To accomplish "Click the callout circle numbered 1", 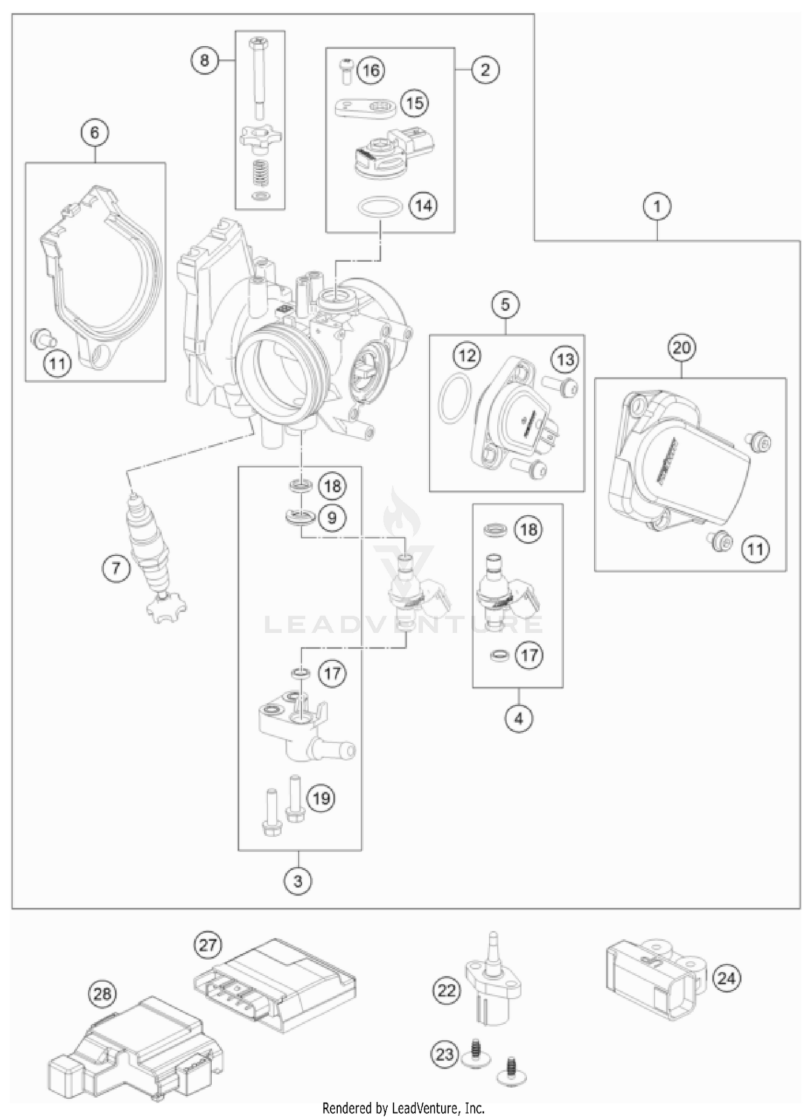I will tap(657, 207).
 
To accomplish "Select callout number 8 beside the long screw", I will tap(204, 60).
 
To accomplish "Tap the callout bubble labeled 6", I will tap(95, 132).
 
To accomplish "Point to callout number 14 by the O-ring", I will tap(423, 206).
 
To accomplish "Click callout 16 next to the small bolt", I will tap(371, 71).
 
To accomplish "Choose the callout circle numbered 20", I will tap(681, 348).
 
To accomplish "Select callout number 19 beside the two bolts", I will tap(321, 798).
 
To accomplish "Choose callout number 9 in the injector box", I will tap(332, 518).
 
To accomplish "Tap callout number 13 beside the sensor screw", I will tap(565, 359).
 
